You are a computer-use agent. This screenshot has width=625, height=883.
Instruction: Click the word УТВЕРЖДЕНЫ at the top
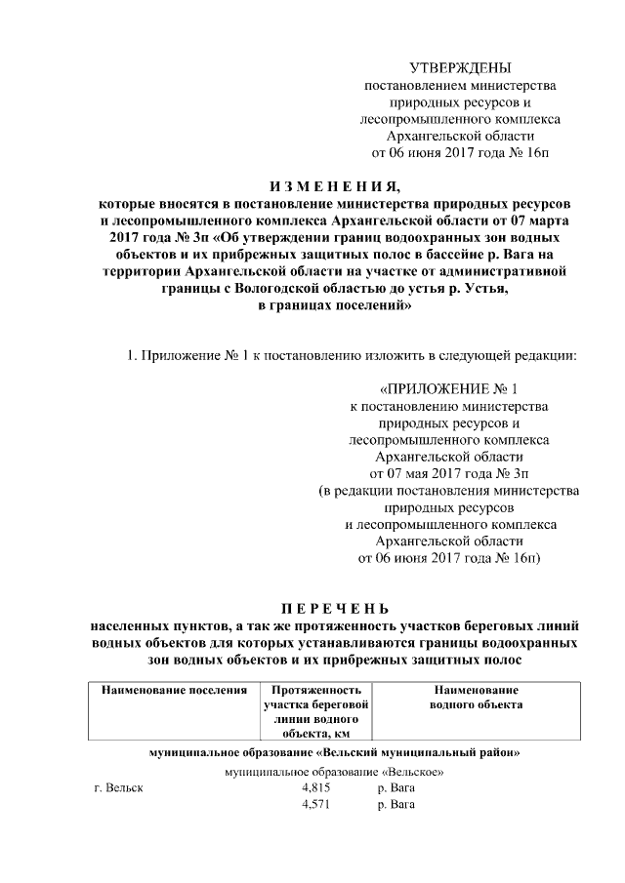pyautogui.click(x=459, y=67)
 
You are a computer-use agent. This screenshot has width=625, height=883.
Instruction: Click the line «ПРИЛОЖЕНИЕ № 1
pyautogui.click(x=449, y=388)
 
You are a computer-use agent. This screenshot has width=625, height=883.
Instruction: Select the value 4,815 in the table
pyautogui.click(x=317, y=787)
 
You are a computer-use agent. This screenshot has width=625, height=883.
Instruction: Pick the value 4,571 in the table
pyautogui.click(x=317, y=805)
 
